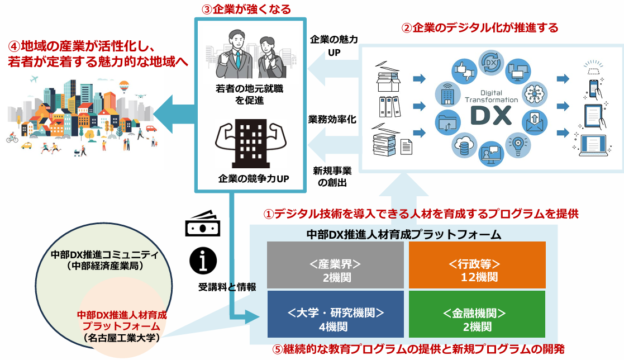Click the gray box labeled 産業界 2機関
point(335,264)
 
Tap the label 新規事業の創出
point(332,176)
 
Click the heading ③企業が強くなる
point(247,9)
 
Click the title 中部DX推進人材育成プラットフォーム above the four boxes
point(403,234)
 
